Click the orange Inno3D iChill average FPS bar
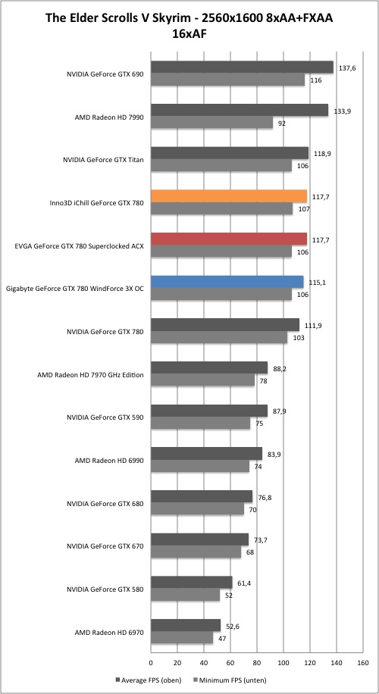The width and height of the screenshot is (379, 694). [229, 195]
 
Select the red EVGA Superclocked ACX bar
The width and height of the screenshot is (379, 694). [229, 239]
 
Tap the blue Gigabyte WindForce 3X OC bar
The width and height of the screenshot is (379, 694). [227, 282]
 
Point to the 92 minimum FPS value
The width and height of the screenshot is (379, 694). [281, 123]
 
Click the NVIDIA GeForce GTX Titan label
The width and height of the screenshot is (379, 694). [105, 160]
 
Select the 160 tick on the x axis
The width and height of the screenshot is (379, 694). [362, 663]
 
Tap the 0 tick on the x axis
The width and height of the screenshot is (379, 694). [151, 663]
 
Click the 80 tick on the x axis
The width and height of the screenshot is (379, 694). [257, 663]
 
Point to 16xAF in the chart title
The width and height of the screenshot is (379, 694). [189, 34]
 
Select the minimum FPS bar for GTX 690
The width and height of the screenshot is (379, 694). [227, 80]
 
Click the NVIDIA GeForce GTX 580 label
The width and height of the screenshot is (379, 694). [105, 589]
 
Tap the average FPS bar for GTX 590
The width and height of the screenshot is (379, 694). [209, 411]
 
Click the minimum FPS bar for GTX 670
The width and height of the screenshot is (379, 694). [196, 552]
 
